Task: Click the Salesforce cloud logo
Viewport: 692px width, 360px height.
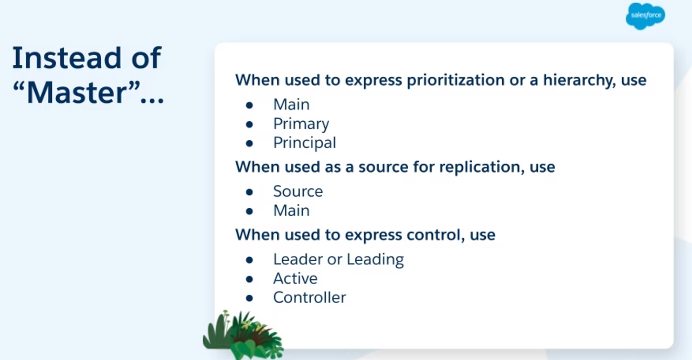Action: tap(646, 16)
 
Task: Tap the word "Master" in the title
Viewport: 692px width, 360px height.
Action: tap(77, 92)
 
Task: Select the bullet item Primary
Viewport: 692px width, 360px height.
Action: tap(301, 124)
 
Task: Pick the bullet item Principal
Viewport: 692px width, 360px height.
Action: tap(304, 143)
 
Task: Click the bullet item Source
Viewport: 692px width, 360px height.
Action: tap(298, 191)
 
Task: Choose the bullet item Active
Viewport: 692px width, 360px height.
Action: tap(296, 278)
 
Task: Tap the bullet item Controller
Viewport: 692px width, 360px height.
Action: tap(309, 298)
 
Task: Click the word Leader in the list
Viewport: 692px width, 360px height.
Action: tap(298, 259)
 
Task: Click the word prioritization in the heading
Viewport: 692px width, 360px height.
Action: tap(456, 80)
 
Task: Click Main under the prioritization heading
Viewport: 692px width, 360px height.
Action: tap(291, 105)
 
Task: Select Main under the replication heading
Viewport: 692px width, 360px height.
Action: tap(291, 211)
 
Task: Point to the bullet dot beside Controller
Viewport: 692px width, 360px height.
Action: tap(249, 298)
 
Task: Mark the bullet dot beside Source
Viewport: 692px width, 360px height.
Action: tap(249, 192)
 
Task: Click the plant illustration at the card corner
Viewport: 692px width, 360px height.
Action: tap(243, 335)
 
